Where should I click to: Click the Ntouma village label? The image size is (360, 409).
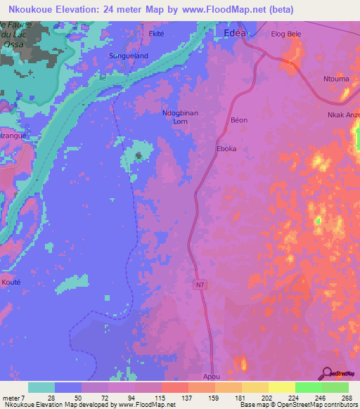click(335, 79)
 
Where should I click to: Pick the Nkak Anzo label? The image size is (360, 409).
click(343, 115)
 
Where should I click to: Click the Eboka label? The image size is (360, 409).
click(226, 149)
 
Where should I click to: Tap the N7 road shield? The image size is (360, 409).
click(200, 283)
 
